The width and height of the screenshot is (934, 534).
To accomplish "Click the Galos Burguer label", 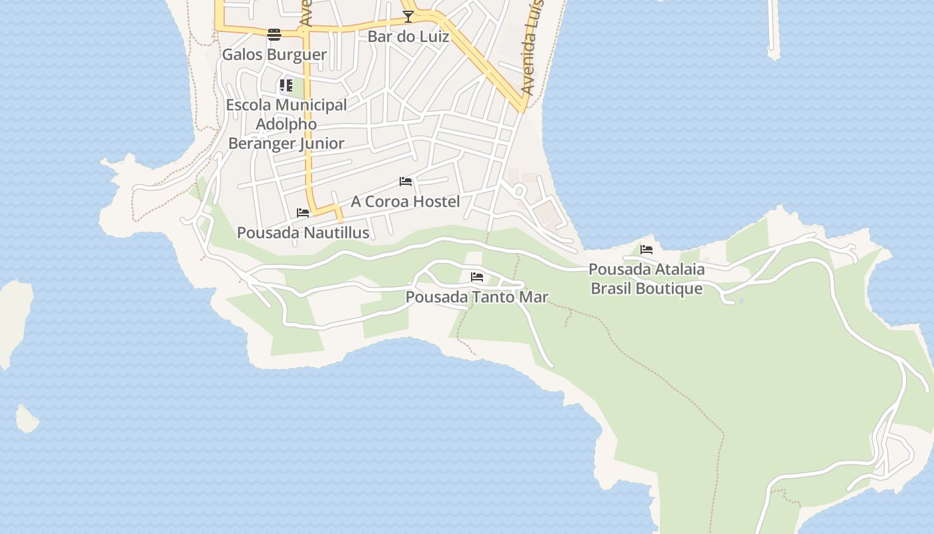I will (x=274, y=54).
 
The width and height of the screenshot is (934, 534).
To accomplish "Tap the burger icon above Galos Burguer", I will (x=274, y=35).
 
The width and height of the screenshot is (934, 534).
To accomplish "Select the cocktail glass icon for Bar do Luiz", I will (x=408, y=16).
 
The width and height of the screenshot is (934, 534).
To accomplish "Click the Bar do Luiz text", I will (x=408, y=36).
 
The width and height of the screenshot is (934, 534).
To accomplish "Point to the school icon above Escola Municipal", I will (x=286, y=85).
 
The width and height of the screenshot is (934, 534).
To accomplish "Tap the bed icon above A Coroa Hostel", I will (x=406, y=182).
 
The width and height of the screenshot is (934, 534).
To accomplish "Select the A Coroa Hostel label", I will (x=406, y=201).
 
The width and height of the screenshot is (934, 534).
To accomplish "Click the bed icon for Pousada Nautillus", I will (x=303, y=213).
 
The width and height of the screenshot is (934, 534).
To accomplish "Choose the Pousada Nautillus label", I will (x=303, y=232).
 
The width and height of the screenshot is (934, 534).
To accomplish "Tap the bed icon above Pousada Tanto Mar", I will (x=477, y=277).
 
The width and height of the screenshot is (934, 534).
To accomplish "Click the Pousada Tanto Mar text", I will (x=477, y=296).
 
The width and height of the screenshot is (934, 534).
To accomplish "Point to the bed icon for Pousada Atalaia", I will (x=646, y=250).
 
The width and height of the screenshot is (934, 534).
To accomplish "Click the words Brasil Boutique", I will (x=646, y=288).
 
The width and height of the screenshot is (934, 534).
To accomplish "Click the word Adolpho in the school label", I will (x=286, y=124).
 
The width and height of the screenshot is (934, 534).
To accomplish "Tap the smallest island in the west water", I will (x=27, y=419).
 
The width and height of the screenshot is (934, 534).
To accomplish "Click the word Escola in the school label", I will (x=248, y=105).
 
